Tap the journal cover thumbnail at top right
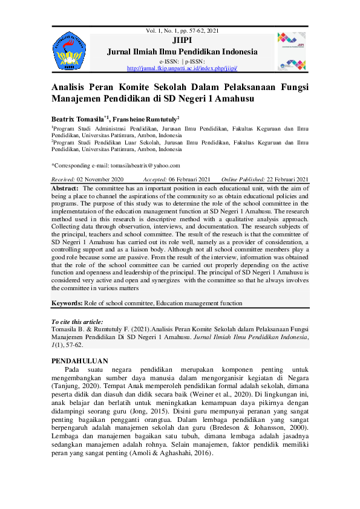coord(292,51)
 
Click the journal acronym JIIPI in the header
coord(182,41)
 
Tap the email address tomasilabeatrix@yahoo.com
coord(140,165)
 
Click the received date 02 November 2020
coord(100,180)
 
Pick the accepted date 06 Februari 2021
coord(188,180)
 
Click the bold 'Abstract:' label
coord(65,189)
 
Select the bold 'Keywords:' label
coord(67,303)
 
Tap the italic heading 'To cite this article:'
coord(77,322)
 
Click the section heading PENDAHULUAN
coord(80,361)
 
